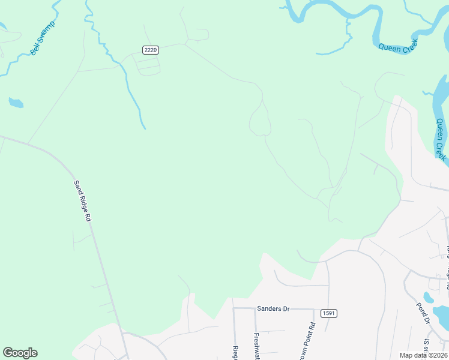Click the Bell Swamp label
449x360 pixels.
pos(42,38)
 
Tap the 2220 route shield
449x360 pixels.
pos(151,50)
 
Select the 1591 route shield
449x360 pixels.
pos(328,313)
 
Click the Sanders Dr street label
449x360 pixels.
pos(273,309)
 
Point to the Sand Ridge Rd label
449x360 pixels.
pos(82,201)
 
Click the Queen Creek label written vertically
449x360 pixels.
pos(441,139)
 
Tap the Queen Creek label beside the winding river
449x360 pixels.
pos(398,46)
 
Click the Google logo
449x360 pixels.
pos(20,353)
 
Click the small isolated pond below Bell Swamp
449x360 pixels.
pos(16,103)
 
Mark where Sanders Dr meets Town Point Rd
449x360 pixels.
pos(313,310)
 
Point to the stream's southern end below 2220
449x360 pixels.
pos(145,127)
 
